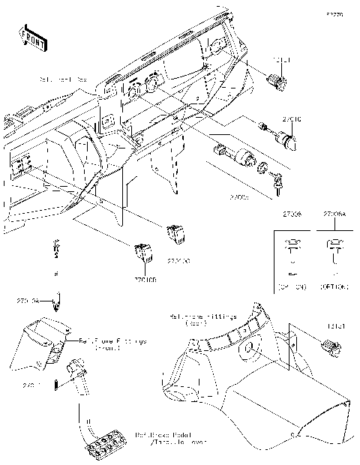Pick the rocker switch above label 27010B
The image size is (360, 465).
point(143,254)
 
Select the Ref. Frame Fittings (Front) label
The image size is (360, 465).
point(112,343)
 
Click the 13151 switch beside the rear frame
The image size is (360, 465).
point(331,346)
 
